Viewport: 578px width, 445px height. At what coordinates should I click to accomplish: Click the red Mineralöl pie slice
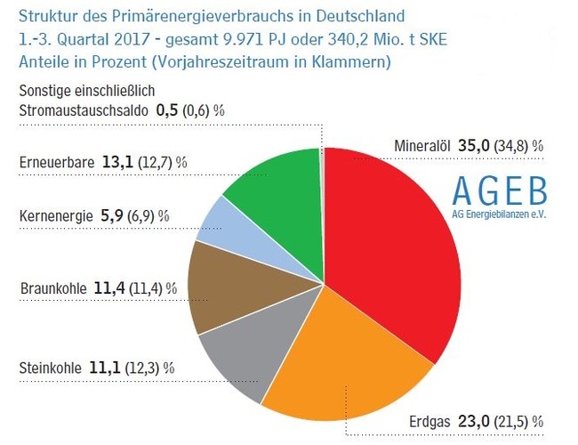[x=400, y=258]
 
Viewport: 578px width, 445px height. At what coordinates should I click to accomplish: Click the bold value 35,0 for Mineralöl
[x=478, y=146]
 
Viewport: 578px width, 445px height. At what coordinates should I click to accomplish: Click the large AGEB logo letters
[x=500, y=190]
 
